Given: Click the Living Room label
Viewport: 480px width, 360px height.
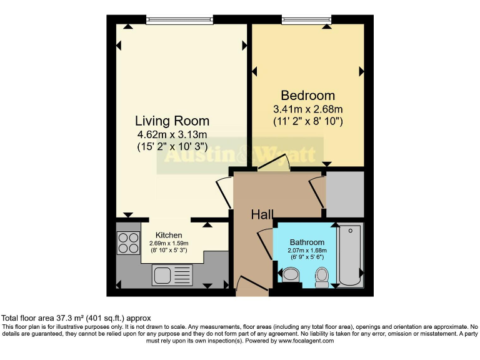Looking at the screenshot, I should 172,121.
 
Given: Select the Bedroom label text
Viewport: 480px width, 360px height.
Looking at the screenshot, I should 307,96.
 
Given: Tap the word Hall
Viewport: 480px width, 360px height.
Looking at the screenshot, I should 262,215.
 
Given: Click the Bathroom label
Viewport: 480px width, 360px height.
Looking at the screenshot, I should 307,242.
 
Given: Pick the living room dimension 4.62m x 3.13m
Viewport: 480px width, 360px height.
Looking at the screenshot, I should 172,134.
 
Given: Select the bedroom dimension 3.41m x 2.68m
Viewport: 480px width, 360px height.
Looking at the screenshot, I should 307,109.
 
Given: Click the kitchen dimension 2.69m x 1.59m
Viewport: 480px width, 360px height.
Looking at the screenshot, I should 169,243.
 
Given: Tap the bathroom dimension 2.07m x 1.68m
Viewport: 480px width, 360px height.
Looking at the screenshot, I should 307,251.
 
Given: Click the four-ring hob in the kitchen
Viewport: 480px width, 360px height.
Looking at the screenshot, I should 128,243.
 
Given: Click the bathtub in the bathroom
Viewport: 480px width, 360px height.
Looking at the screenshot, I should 350,255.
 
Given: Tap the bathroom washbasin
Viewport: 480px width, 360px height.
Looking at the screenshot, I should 291,275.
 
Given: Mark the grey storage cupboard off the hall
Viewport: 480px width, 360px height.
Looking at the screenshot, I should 345,193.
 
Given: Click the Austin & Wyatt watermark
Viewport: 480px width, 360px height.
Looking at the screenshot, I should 239,154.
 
